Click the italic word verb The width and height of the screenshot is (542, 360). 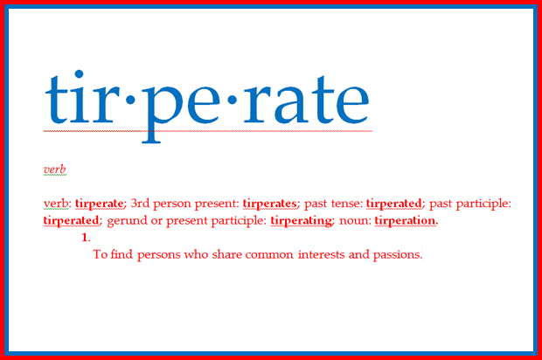54,170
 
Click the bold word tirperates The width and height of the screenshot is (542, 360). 269,204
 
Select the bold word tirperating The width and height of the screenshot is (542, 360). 301,221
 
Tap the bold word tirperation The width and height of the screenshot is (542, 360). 406,220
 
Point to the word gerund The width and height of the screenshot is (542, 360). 128,221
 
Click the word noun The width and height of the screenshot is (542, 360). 355,221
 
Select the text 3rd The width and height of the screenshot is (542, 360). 140,203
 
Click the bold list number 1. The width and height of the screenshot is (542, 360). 86,238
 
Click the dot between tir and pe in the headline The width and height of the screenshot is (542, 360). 130,100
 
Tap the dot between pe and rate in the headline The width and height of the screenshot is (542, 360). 232,100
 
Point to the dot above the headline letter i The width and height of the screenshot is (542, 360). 79,74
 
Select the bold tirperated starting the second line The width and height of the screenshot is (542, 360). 71,221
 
